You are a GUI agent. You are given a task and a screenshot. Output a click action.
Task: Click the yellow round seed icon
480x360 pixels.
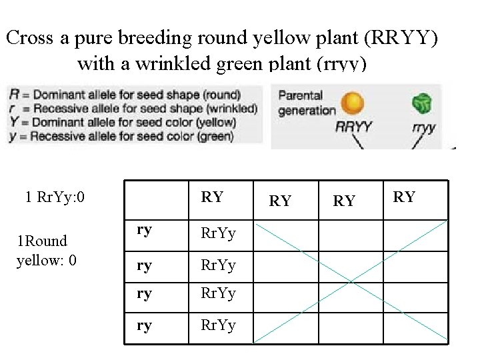(x=352, y=103)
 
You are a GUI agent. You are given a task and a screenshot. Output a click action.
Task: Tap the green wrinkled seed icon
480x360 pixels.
(x=421, y=103)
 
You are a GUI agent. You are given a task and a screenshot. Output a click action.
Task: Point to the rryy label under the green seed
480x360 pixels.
(x=424, y=127)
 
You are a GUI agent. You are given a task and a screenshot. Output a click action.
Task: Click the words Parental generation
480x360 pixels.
(x=306, y=103)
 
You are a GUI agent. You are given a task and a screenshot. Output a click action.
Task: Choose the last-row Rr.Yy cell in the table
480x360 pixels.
(x=218, y=326)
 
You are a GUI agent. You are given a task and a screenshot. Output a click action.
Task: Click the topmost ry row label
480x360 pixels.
(x=144, y=229)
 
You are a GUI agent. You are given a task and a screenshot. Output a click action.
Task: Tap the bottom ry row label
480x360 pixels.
(x=144, y=326)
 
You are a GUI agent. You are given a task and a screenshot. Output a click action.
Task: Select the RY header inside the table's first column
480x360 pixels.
(x=212, y=197)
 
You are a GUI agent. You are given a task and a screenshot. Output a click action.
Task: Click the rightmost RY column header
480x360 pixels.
(x=404, y=197)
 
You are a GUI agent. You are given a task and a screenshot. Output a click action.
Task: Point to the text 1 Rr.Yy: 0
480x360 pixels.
(x=55, y=197)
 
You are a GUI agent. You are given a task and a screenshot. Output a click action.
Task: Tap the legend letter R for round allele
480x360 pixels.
(x=14, y=94)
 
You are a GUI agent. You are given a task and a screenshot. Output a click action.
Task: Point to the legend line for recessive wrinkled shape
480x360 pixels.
(x=133, y=108)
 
